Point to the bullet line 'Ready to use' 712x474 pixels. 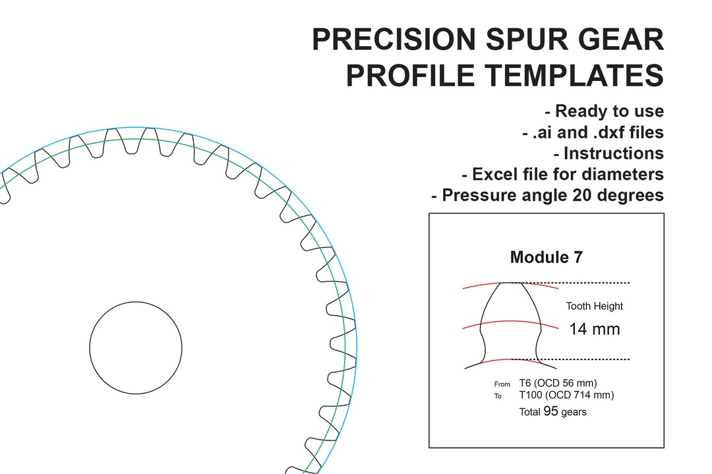click(x=605, y=111)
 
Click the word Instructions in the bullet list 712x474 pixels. click(x=613, y=153)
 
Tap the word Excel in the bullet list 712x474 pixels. click(x=496, y=174)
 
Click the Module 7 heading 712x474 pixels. click(x=546, y=257)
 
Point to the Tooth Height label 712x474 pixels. click(x=594, y=306)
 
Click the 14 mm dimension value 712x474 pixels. click(x=594, y=329)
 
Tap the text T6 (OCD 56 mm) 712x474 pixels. click(x=558, y=383)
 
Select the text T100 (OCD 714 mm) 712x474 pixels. click(x=566, y=395)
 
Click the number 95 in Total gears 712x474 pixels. click(x=551, y=411)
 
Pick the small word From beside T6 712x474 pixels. click(x=502, y=384)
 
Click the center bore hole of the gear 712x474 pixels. click(x=136, y=347)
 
